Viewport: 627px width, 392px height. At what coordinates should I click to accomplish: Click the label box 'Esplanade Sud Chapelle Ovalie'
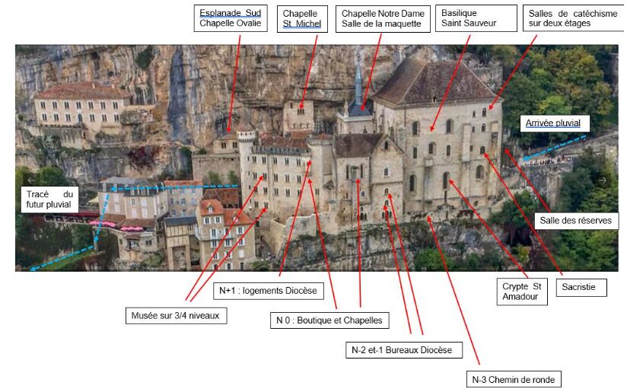[230, 18]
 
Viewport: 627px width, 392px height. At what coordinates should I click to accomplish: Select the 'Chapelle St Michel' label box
[301, 18]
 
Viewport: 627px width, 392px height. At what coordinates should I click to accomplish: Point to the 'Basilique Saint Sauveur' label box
[468, 18]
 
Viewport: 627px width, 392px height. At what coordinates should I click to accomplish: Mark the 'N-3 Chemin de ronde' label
[514, 379]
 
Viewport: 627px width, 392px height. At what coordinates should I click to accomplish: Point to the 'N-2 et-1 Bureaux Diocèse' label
[402, 350]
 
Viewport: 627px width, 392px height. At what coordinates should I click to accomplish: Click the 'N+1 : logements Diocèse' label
[267, 290]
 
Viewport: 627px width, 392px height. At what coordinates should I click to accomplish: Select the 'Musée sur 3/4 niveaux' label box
[176, 315]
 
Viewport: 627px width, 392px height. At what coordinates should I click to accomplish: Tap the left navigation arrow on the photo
[31, 180]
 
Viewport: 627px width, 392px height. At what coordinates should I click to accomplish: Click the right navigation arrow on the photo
[603, 180]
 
